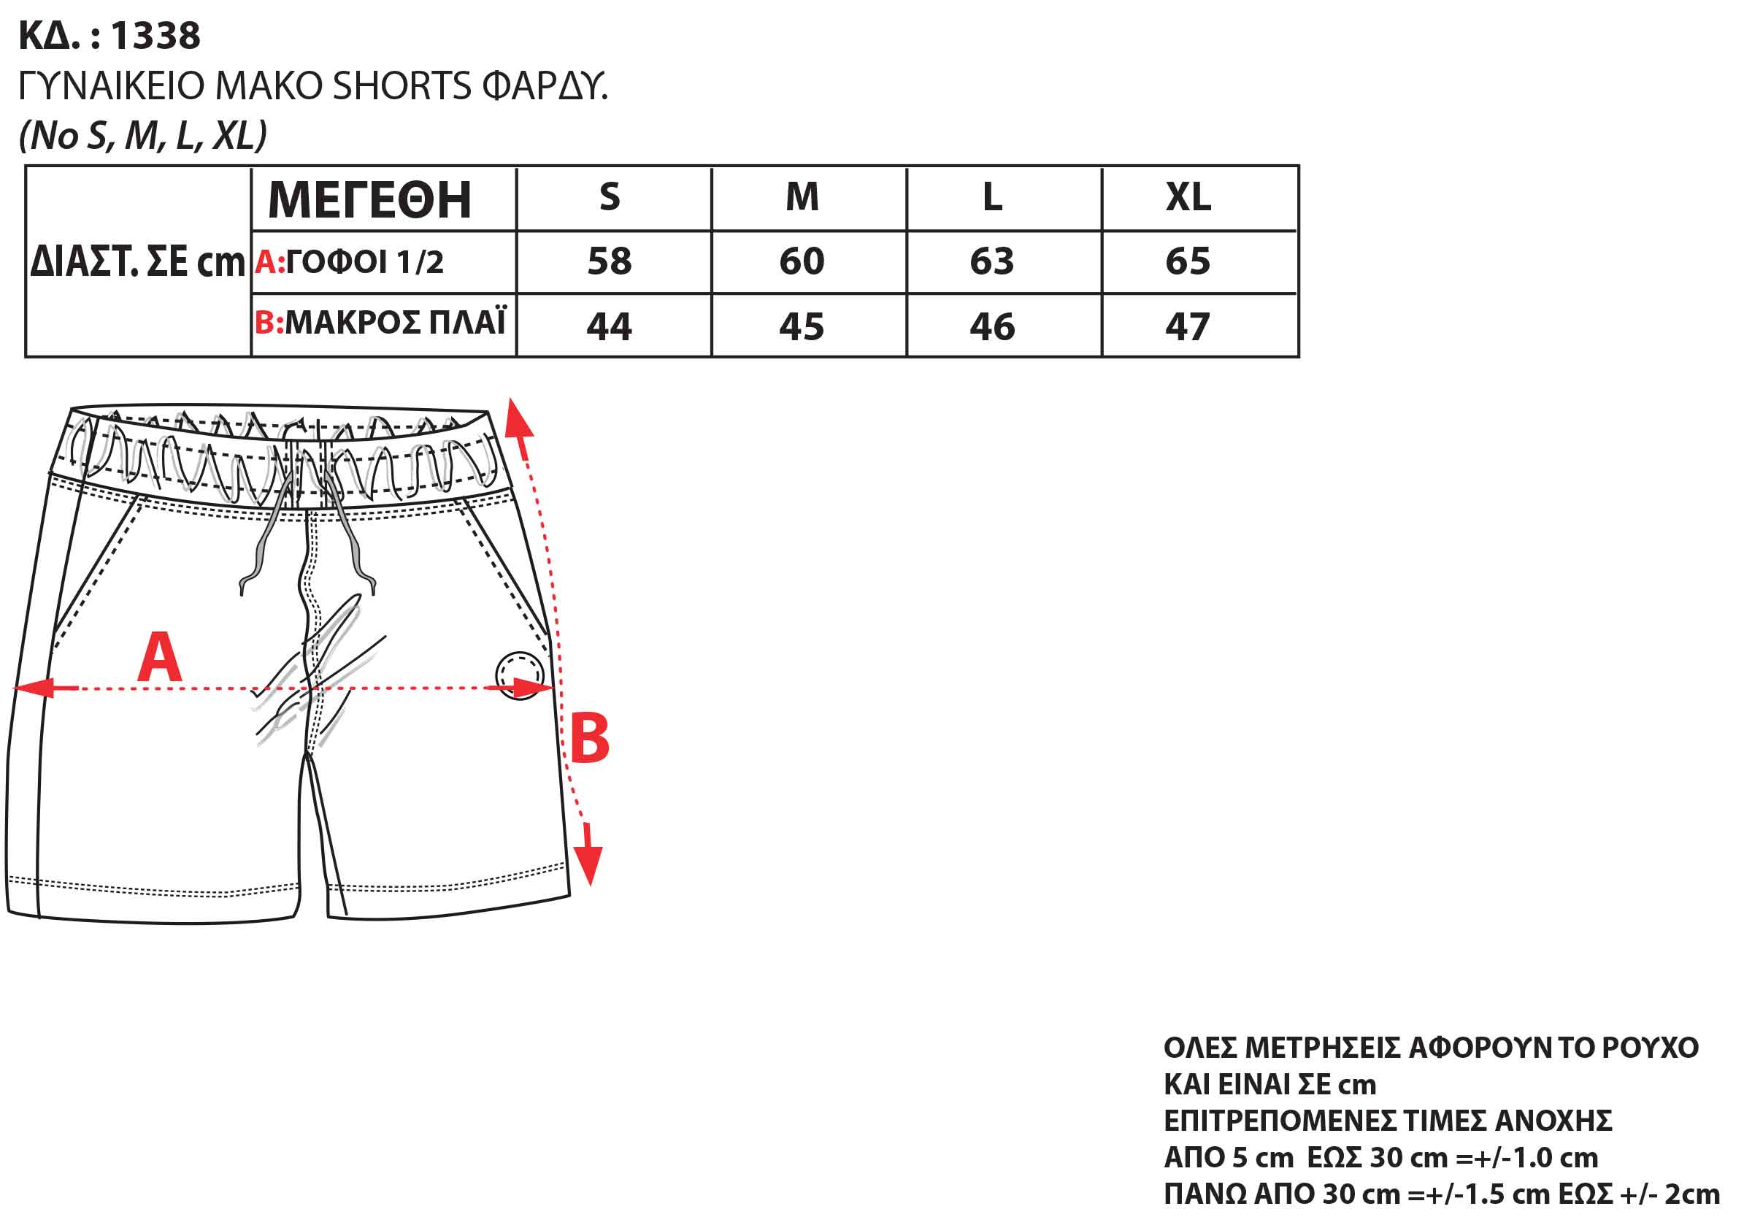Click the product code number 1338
pos(155,36)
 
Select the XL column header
pos(1188,198)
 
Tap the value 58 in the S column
pos(609,261)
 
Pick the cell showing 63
pos(992,261)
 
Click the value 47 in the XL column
pos(1187,326)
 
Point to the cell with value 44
pos(609,326)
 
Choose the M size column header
pos(802,198)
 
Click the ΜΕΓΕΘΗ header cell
pos(370,200)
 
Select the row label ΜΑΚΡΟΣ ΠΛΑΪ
pos(395,322)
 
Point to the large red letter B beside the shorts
pos(589,737)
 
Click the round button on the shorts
pos(520,675)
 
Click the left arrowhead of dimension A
pos(34,688)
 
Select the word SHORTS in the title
pos(402,86)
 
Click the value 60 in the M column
pos(802,261)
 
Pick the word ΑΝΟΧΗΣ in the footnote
pos(1553,1121)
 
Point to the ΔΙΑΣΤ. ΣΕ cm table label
pos(137,262)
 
